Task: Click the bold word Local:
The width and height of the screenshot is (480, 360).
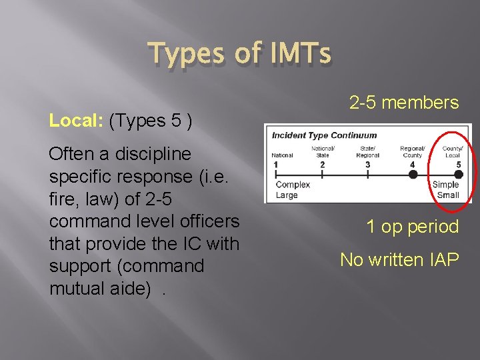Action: coord(76,121)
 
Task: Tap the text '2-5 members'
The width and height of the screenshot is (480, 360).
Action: coord(404,103)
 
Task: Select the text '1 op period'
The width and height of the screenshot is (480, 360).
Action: coord(412,227)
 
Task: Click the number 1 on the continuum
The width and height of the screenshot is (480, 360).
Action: coord(275,164)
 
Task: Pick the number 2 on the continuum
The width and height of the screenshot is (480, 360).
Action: coord(323,164)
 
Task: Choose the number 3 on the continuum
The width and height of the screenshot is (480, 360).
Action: coord(367,164)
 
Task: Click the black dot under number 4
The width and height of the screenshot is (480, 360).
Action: coord(413,175)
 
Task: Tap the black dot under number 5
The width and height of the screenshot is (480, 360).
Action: coord(457,175)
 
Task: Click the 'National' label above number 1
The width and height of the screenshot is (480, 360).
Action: coord(282,155)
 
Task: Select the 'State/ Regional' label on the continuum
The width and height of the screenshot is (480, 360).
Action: coord(367,152)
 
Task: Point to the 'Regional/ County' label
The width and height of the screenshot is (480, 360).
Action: coord(412,152)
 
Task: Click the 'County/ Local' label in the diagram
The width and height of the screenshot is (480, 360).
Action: coord(453,152)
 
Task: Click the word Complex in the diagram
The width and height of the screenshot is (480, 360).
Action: coord(293,185)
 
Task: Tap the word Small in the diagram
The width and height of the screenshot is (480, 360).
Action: coord(448,195)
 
